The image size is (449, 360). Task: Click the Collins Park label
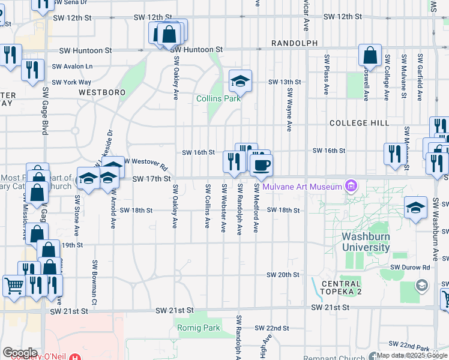click(217, 98)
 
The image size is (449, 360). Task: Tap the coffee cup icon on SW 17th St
click(261, 165)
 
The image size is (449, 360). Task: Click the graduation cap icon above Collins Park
click(240, 80)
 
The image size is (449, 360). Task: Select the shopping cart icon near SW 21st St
click(13, 285)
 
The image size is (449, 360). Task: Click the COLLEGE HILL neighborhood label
click(360, 123)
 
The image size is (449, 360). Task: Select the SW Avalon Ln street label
click(72, 67)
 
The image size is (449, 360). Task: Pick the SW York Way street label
click(71, 82)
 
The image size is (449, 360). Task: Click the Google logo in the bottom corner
click(20, 352)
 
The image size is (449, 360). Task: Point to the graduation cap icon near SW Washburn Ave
click(416, 207)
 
